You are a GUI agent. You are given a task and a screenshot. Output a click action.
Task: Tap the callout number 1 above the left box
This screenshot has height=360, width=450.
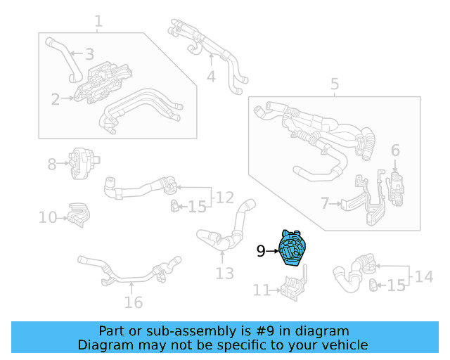coord(98,22)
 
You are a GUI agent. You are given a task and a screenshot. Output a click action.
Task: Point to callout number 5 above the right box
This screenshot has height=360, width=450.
coord(335,85)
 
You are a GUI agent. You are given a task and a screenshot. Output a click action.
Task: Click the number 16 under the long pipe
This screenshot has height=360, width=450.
coord(133,302)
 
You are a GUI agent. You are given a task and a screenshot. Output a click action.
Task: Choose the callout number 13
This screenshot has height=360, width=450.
coord(224,274)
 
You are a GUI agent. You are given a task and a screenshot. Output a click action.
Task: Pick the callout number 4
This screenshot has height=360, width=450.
coord(211,76)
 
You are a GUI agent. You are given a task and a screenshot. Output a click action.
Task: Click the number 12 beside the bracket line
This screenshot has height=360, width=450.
coord(224,197)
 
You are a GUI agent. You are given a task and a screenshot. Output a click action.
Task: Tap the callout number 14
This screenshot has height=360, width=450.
coord(423,276)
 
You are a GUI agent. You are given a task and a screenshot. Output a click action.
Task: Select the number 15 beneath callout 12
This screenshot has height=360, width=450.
coord(198,207)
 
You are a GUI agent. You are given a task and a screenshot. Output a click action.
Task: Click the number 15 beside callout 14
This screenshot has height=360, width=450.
coord(397,285)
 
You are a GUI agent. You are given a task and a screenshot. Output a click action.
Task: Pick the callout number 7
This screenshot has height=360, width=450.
coord(325,204)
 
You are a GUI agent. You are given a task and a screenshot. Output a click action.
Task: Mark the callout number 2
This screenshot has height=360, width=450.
coord(56,99)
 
